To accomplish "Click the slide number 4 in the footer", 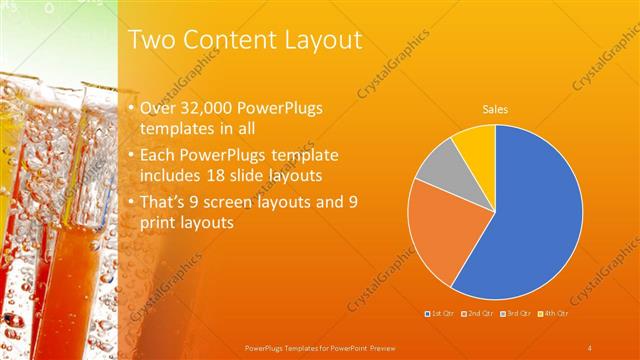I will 590,347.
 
